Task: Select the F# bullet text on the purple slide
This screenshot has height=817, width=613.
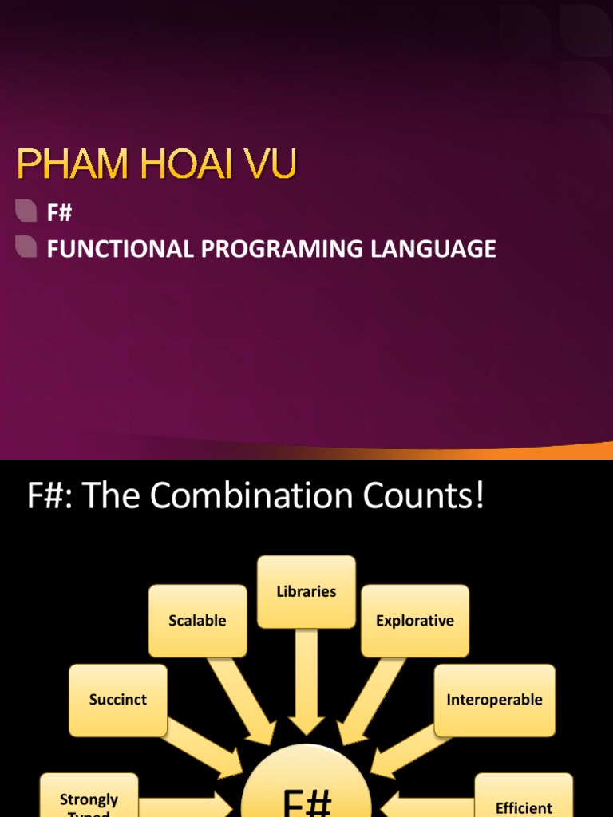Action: (60, 212)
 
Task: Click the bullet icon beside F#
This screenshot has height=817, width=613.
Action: (26, 211)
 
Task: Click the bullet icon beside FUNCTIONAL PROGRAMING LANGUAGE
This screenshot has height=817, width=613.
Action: (26, 247)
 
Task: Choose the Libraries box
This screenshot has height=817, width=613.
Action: (306, 591)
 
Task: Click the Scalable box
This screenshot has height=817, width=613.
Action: (197, 620)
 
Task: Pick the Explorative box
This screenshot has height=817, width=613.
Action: (415, 620)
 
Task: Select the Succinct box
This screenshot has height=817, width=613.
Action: (118, 700)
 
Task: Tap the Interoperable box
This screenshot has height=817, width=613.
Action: (494, 700)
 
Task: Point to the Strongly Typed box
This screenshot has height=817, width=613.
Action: (89, 799)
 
